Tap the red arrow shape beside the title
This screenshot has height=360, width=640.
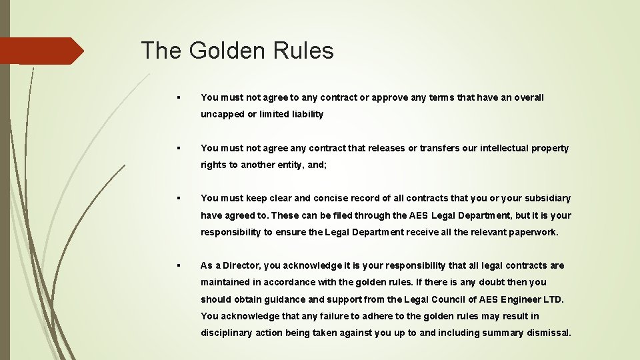(41, 51)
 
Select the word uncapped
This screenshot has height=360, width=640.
(223, 114)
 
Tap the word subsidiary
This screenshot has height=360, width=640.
(548, 198)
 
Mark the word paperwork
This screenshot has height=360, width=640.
(533, 232)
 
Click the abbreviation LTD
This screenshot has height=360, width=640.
(553, 299)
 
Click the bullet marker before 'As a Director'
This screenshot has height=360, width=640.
(179, 265)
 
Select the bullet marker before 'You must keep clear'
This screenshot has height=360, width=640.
(179, 198)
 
